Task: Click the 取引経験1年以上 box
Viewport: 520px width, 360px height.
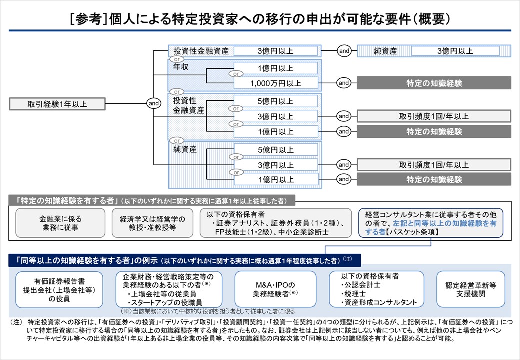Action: (57, 104)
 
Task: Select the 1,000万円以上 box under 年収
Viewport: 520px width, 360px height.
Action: (276, 83)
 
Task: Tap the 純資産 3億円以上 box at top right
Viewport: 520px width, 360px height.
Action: (455, 51)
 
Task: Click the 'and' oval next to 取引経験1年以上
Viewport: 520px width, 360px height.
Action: (153, 103)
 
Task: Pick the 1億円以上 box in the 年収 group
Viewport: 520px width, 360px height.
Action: (276, 68)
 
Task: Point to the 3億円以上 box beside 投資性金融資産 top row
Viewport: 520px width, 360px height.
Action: (276, 51)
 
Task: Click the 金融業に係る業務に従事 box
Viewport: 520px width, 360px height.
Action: (60, 223)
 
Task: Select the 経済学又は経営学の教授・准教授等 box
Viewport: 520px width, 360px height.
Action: (152, 223)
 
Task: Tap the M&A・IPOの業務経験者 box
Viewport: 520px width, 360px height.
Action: (275, 289)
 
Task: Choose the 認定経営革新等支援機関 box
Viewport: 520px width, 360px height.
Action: (470, 289)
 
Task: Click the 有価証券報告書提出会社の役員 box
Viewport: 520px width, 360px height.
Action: (59, 290)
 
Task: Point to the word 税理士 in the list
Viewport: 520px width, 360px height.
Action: (355, 294)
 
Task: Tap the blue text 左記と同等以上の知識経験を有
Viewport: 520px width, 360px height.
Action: (444, 223)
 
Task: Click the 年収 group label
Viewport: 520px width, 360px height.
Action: (181, 67)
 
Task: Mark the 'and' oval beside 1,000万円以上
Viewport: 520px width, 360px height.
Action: (344, 83)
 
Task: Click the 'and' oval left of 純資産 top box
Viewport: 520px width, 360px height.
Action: (344, 51)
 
